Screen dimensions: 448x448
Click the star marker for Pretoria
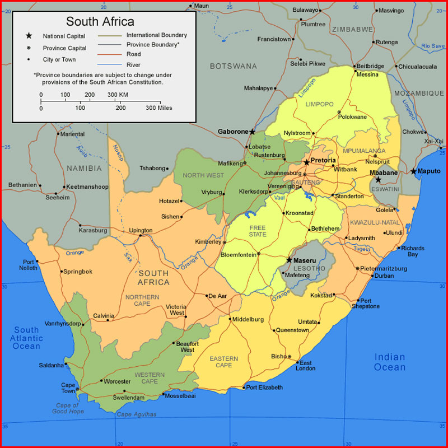point(306,162)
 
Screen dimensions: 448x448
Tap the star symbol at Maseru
point(289,260)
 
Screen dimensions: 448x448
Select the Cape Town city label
point(68,388)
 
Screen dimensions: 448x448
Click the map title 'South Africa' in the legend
point(100,22)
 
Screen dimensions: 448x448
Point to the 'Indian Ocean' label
point(390,362)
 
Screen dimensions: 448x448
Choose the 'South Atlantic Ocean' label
point(27,338)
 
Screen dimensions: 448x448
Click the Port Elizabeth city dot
point(244,388)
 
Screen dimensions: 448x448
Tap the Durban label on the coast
point(384,276)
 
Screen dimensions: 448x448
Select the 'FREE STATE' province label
point(258,231)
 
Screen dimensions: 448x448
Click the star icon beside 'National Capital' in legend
point(29,36)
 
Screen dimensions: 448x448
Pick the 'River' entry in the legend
point(133,64)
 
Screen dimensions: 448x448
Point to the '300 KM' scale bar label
point(118,94)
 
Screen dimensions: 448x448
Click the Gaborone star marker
point(253,132)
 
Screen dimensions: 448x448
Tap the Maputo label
point(430,171)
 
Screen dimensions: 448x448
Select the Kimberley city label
point(208,241)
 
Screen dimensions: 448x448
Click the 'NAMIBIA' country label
point(85,168)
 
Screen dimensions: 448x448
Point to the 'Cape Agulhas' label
point(136,414)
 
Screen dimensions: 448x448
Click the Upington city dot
point(140,235)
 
